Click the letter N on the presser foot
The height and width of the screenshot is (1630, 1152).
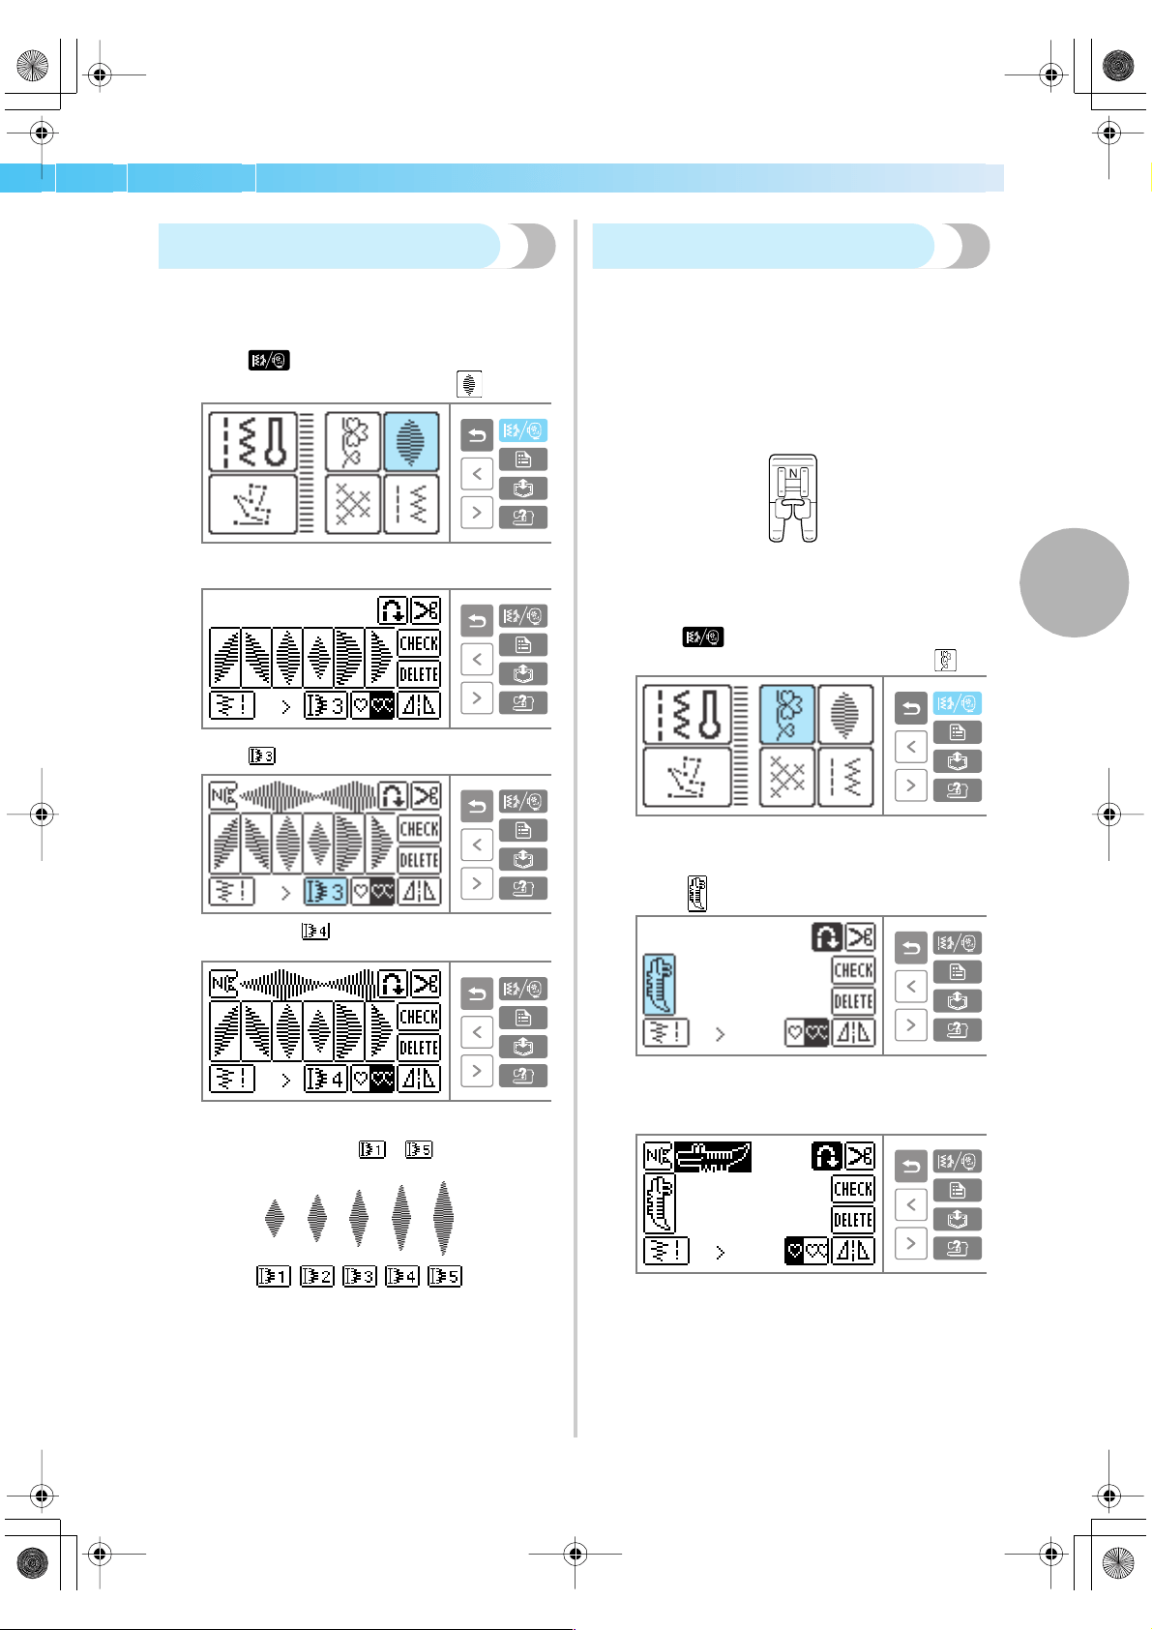point(793,474)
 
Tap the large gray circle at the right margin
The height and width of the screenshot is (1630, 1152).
point(1074,583)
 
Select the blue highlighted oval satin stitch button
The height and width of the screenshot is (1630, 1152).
point(411,442)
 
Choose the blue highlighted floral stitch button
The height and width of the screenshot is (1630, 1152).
point(786,715)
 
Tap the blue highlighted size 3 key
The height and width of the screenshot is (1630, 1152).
point(325,891)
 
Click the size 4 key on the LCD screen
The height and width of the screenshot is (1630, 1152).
point(325,1079)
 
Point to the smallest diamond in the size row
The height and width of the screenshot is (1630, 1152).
point(275,1217)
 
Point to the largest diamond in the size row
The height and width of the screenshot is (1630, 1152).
point(443,1217)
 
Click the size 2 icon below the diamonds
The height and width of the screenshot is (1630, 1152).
point(316,1276)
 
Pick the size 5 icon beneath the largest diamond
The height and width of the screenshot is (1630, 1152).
point(445,1276)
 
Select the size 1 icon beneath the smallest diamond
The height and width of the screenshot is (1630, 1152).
point(274,1276)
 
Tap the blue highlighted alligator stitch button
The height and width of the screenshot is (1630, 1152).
point(660,985)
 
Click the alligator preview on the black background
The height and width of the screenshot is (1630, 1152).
point(713,1157)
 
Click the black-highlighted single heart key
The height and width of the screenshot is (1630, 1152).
point(795,1251)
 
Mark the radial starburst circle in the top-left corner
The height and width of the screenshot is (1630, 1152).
point(32,66)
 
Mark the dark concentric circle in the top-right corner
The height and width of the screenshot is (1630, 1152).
point(1118,66)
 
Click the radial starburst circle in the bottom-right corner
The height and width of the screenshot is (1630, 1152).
point(1118,1563)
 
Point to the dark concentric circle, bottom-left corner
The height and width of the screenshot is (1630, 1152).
point(32,1563)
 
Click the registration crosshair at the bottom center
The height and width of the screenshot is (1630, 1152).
point(576,1555)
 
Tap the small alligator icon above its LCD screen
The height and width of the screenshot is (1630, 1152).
point(697,894)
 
